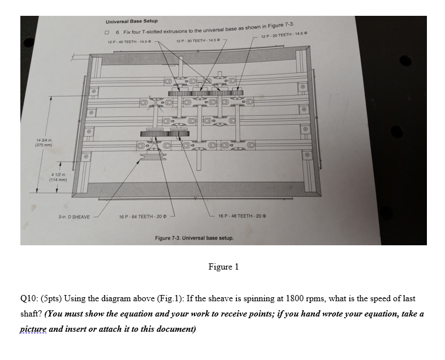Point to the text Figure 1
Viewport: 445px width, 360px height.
click(x=223, y=267)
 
